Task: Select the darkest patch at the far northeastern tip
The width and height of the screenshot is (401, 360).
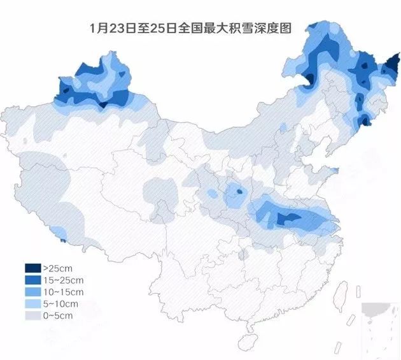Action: [x=393, y=64]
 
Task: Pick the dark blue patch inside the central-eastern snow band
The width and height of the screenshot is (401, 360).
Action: [x=288, y=219]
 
